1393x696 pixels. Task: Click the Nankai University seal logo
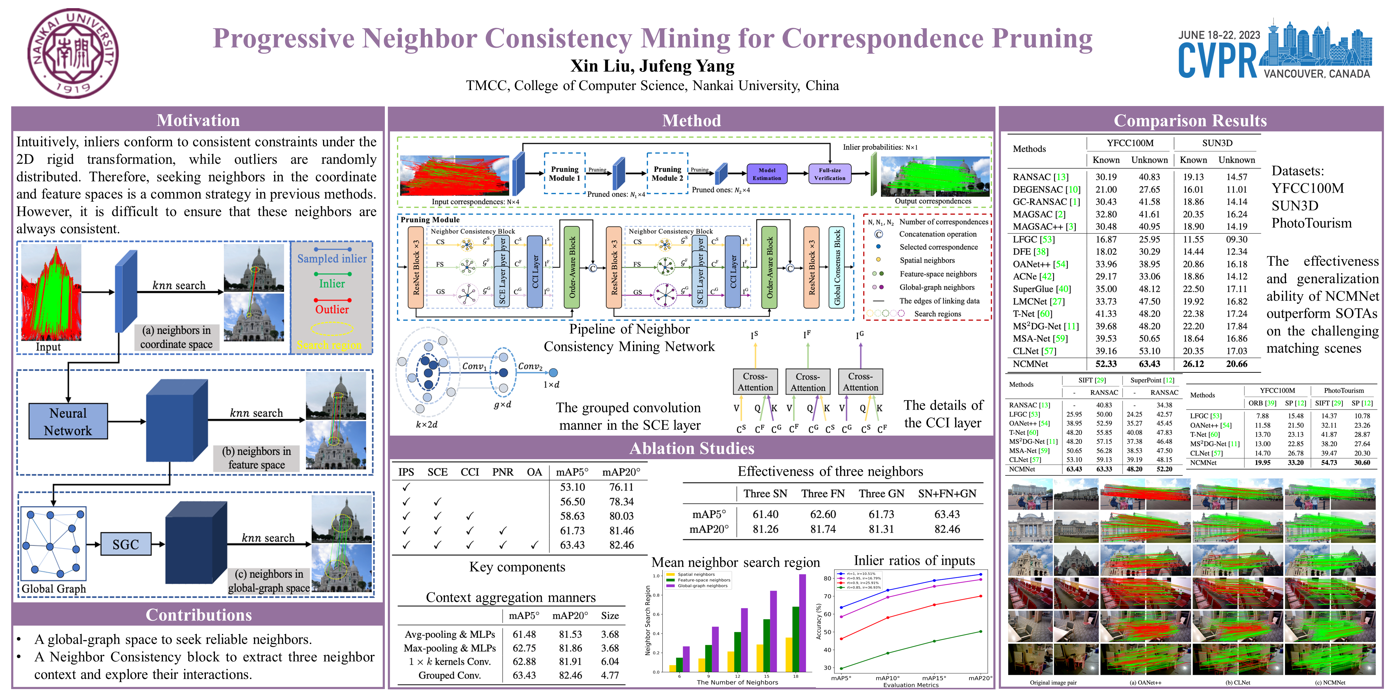point(73,53)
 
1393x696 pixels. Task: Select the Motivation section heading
point(198,120)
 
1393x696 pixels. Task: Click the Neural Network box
point(68,421)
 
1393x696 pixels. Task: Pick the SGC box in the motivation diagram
point(125,544)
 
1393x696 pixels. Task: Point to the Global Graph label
point(54,588)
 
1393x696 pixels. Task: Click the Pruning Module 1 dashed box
point(565,173)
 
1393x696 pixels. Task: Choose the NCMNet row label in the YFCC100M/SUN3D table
point(1030,364)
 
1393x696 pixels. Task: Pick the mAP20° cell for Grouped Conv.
point(570,675)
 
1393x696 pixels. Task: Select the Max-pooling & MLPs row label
point(450,648)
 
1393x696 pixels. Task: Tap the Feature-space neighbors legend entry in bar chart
point(703,580)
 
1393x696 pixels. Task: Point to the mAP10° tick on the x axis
point(887,678)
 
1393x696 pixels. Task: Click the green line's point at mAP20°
point(980,631)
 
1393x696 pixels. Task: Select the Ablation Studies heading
point(692,448)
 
